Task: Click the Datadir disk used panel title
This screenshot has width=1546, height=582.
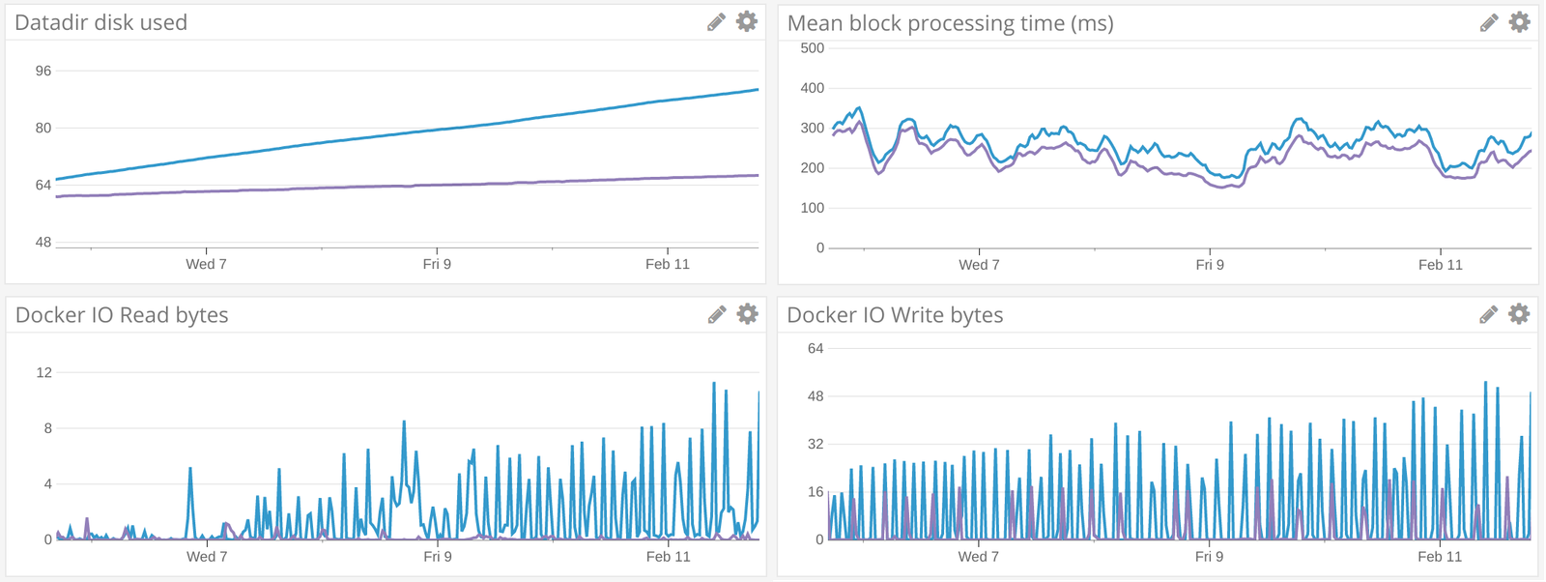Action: (x=101, y=22)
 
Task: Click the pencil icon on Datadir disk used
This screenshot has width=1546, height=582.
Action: (x=716, y=22)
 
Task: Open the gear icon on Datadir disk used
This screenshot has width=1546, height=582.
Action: (x=747, y=21)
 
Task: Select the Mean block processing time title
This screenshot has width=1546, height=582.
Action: (x=950, y=23)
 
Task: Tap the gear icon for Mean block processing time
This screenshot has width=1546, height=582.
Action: (x=1520, y=21)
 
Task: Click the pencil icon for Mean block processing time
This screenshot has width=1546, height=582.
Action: (x=1489, y=22)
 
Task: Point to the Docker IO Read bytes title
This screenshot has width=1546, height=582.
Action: (x=122, y=315)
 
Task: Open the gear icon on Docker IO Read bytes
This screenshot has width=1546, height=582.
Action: (x=747, y=313)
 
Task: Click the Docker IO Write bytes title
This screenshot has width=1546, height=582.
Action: (x=895, y=315)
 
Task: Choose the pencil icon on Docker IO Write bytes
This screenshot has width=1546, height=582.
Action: (x=1489, y=314)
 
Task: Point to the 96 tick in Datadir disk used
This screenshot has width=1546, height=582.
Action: (x=43, y=71)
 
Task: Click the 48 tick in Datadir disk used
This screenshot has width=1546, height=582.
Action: (x=43, y=242)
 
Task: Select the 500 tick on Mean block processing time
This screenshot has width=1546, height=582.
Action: (x=813, y=48)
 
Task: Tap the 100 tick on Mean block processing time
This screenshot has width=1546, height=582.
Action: (x=813, y=208)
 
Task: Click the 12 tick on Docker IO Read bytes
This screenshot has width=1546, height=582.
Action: (x=44, y=372)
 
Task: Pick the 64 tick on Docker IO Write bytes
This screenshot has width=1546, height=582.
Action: (x=816, y=348)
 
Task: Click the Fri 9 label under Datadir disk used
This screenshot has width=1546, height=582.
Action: (x=437, y=264)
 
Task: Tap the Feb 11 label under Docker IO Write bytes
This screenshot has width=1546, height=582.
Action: (x=1440, y=557)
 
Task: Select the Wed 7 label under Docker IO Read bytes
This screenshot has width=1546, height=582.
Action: (x=207, y=557)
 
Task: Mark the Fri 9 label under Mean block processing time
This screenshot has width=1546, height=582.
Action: (x=1210, y=265)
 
